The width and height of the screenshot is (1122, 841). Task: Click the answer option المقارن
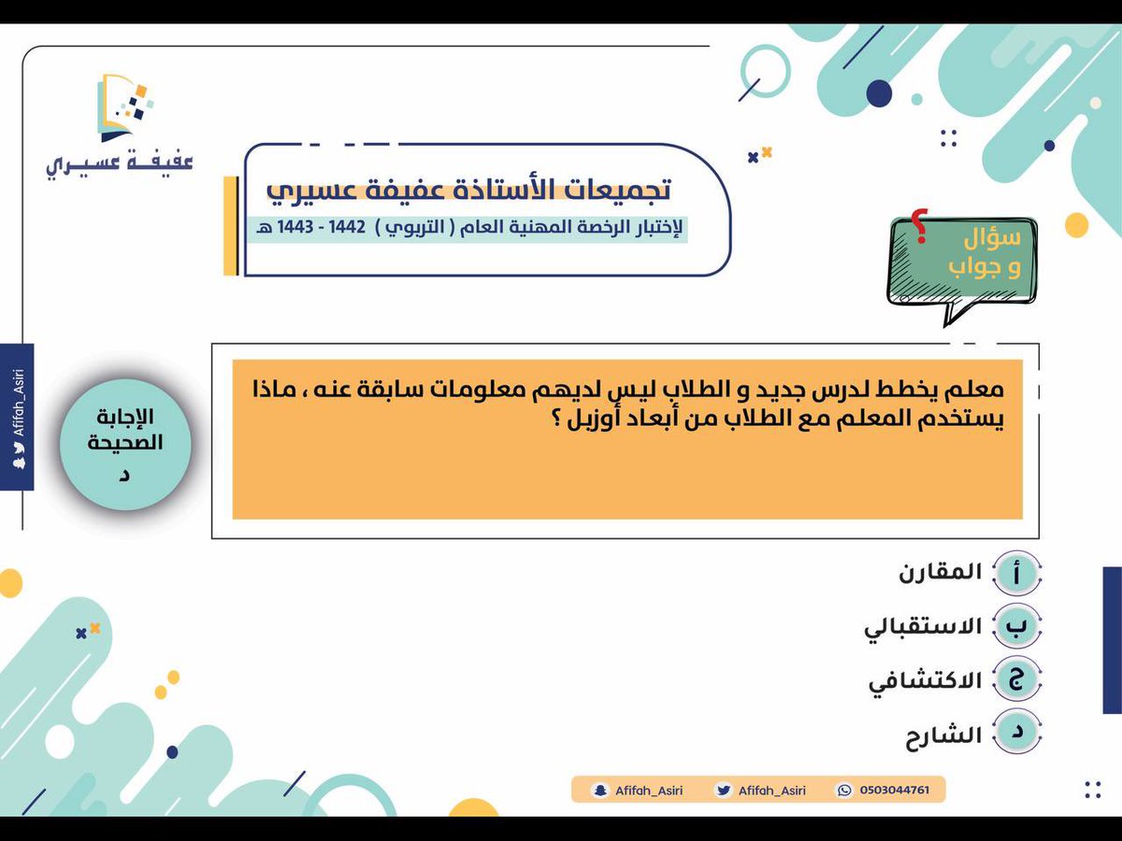(x=941, y=573)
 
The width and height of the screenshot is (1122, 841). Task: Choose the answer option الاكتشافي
(x=925, y=681)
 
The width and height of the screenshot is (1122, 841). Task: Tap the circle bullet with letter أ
(x=1015, y=574)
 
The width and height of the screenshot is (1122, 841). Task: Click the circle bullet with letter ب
(x=1015, y=628)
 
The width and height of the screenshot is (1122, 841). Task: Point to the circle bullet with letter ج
(x=1015, y=681)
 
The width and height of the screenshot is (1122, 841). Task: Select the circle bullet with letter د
(x=1015, y=735)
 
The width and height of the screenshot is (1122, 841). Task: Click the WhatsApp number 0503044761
(x=894, y=791)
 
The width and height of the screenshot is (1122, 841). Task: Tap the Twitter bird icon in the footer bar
(x=723, y=791)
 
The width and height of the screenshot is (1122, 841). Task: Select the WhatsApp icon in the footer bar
(x=845, y=791)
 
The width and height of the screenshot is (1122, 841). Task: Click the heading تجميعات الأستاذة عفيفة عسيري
(x=468, y=189)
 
